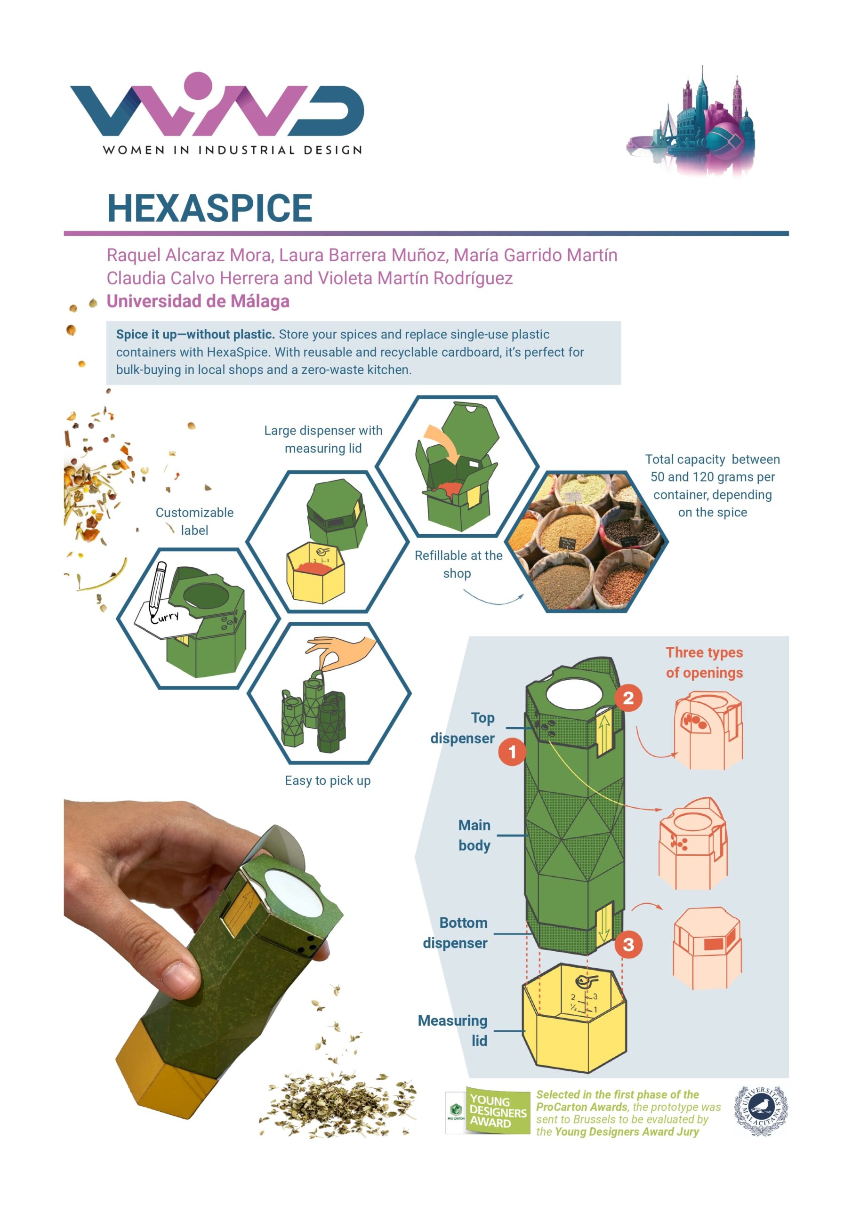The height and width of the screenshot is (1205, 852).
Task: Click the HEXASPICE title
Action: (x=209, y=208)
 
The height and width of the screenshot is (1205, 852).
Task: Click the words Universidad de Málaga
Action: (x=198, y=301)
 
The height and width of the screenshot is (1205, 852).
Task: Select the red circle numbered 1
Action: (x=512, y=752)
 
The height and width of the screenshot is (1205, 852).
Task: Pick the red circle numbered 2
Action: (x=628, y=698)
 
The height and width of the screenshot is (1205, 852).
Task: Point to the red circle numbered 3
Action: (x=628, y=945)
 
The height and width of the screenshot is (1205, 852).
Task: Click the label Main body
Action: (x=474, y=835)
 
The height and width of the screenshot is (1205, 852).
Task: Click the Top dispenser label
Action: (x=463, y=727)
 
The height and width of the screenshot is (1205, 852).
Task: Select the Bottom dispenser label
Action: (x=456, y=932)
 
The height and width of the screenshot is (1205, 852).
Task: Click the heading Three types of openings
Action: (x=705, y=662)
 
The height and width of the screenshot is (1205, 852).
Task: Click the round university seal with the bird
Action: (x=761, y=1110)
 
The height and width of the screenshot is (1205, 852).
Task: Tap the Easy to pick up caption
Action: (x=328, y=780)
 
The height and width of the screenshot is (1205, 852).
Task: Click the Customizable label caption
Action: (x=195, y=521)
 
